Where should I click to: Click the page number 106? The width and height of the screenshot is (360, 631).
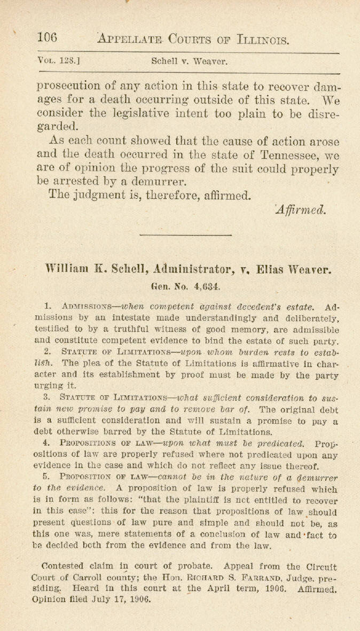pyautogui.click(x=47, y=38)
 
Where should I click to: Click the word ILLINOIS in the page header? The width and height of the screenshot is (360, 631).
pyautogui.click(x=263, y=39)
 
